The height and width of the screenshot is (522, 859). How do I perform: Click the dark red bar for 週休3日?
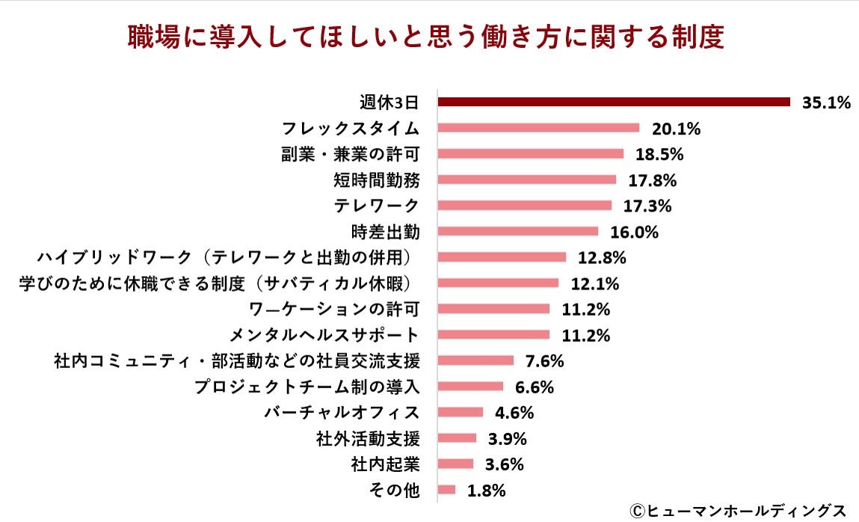pyautogui.click(x=613, y=102)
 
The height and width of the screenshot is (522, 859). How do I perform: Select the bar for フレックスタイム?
pyautogui.click(x=538, y=128)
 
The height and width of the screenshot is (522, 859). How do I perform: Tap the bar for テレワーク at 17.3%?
pyautogui.click(x=524, y=205)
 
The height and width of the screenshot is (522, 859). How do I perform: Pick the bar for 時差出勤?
pyautogui.click(x=517, y=231)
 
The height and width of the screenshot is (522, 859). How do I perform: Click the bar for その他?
pyautogui.click(x=446, y=490)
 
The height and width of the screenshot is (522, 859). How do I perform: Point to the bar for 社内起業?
pyautogui.click(x=455, y=464)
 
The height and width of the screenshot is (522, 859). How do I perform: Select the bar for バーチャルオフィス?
pyautogui.click(x=461, y=412)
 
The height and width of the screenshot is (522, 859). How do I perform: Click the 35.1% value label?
pyautogui.click(x=826, y=102)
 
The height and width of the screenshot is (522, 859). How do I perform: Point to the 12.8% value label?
pyautogui.click(x=602, y=257)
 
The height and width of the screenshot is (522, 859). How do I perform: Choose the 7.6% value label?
pyautogui.click(x=544, y=360)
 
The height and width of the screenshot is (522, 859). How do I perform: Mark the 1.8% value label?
pyautogui.click(x=487, y=491)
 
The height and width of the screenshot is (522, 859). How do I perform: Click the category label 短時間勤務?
pyautogui.click(x=376, y=179)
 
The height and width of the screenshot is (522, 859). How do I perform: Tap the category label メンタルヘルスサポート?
pyautogui.click(x=326, y=334)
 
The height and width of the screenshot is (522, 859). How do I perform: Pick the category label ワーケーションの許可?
pyautogui.click(x=333, y=309)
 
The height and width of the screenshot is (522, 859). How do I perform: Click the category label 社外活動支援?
pyautogui.click(x=368, y=438)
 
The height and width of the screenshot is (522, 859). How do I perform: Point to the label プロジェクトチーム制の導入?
pyautogui.click(x=307, y=387)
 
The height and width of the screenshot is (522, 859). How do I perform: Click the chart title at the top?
pyautogui.click(x=425, y=37)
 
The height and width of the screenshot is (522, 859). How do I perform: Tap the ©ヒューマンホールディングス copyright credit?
pyautogui.click(x=736, y=510)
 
